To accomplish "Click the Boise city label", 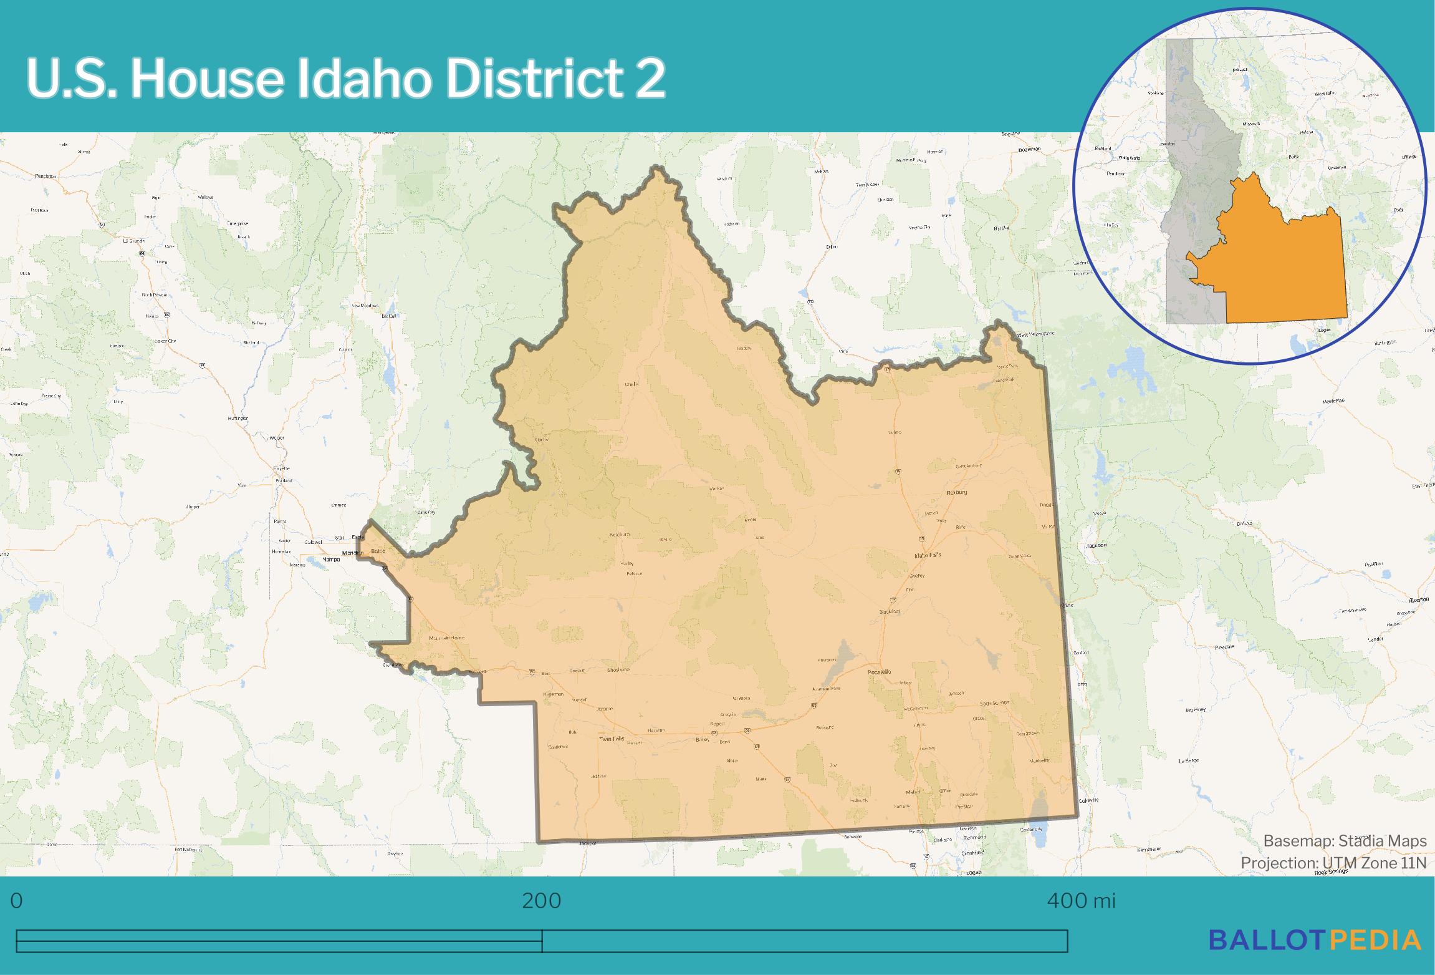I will (378, 551).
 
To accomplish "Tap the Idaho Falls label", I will (928, 555).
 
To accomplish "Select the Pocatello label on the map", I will (880, 672).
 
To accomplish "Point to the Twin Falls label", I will (611, 739).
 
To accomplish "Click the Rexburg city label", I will (956, 492).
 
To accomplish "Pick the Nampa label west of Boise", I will (331, 560).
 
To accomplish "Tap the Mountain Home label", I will (447, 638).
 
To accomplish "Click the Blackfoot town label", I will (890, 612).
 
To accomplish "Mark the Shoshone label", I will (618, 670).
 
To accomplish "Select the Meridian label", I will (352, 553).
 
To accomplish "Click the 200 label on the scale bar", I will (542, 901).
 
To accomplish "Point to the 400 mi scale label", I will (1081, 901).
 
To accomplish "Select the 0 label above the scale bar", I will (17, 901).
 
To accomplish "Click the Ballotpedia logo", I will (1315, 940).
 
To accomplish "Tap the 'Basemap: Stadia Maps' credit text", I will (1345, 841).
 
